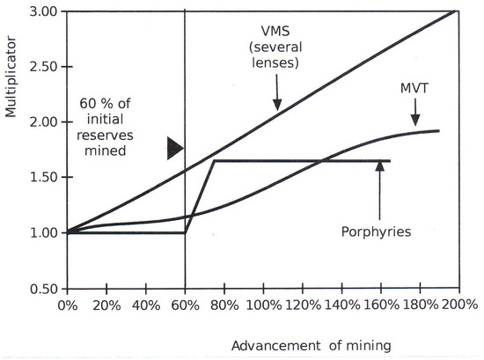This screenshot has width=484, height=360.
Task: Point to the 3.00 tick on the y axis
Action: (x=43, y=11)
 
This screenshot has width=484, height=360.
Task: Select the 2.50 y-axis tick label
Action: (x=43, y=67)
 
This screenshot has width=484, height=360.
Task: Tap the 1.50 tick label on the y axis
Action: (x=43, y=177)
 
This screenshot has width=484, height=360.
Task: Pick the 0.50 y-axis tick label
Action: (x=43, y=288)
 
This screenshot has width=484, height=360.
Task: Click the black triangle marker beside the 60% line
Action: (x=174, y=151)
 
